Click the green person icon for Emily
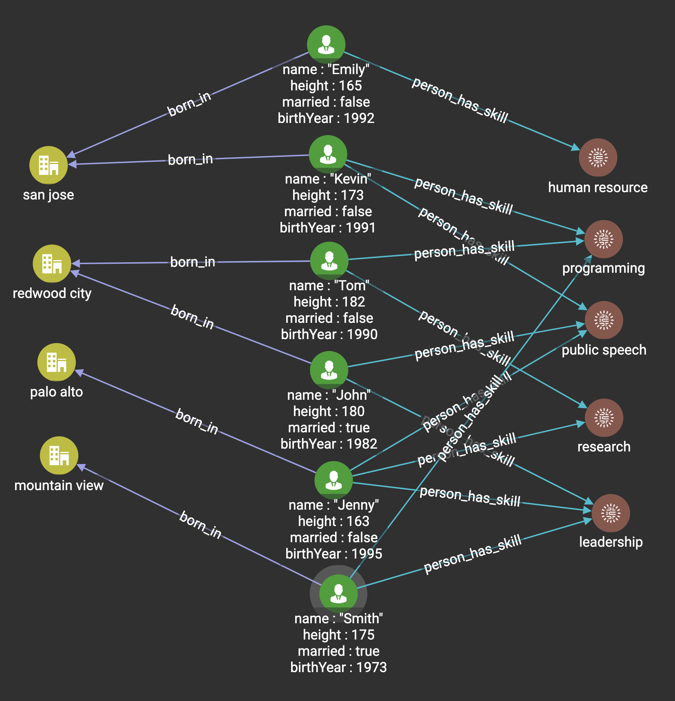[326, 44]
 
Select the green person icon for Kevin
[328, 154]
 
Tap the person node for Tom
[329, 261]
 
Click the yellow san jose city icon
[48, 165]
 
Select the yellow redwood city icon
[52, 264]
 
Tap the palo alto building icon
[57, 362]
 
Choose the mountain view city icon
[59, 456]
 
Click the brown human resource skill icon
[598, 158]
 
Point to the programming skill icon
[603, 239]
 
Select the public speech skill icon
[604, 320]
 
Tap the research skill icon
[604, 418]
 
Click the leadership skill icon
[611, 513]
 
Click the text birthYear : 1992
[326, 118]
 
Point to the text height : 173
[328, 195]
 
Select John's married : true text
[329, 427]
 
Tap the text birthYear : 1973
[338, 667]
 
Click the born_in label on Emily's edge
[189, 104]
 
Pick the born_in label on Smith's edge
[200, 525]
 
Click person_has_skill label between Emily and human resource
[460, 100]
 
